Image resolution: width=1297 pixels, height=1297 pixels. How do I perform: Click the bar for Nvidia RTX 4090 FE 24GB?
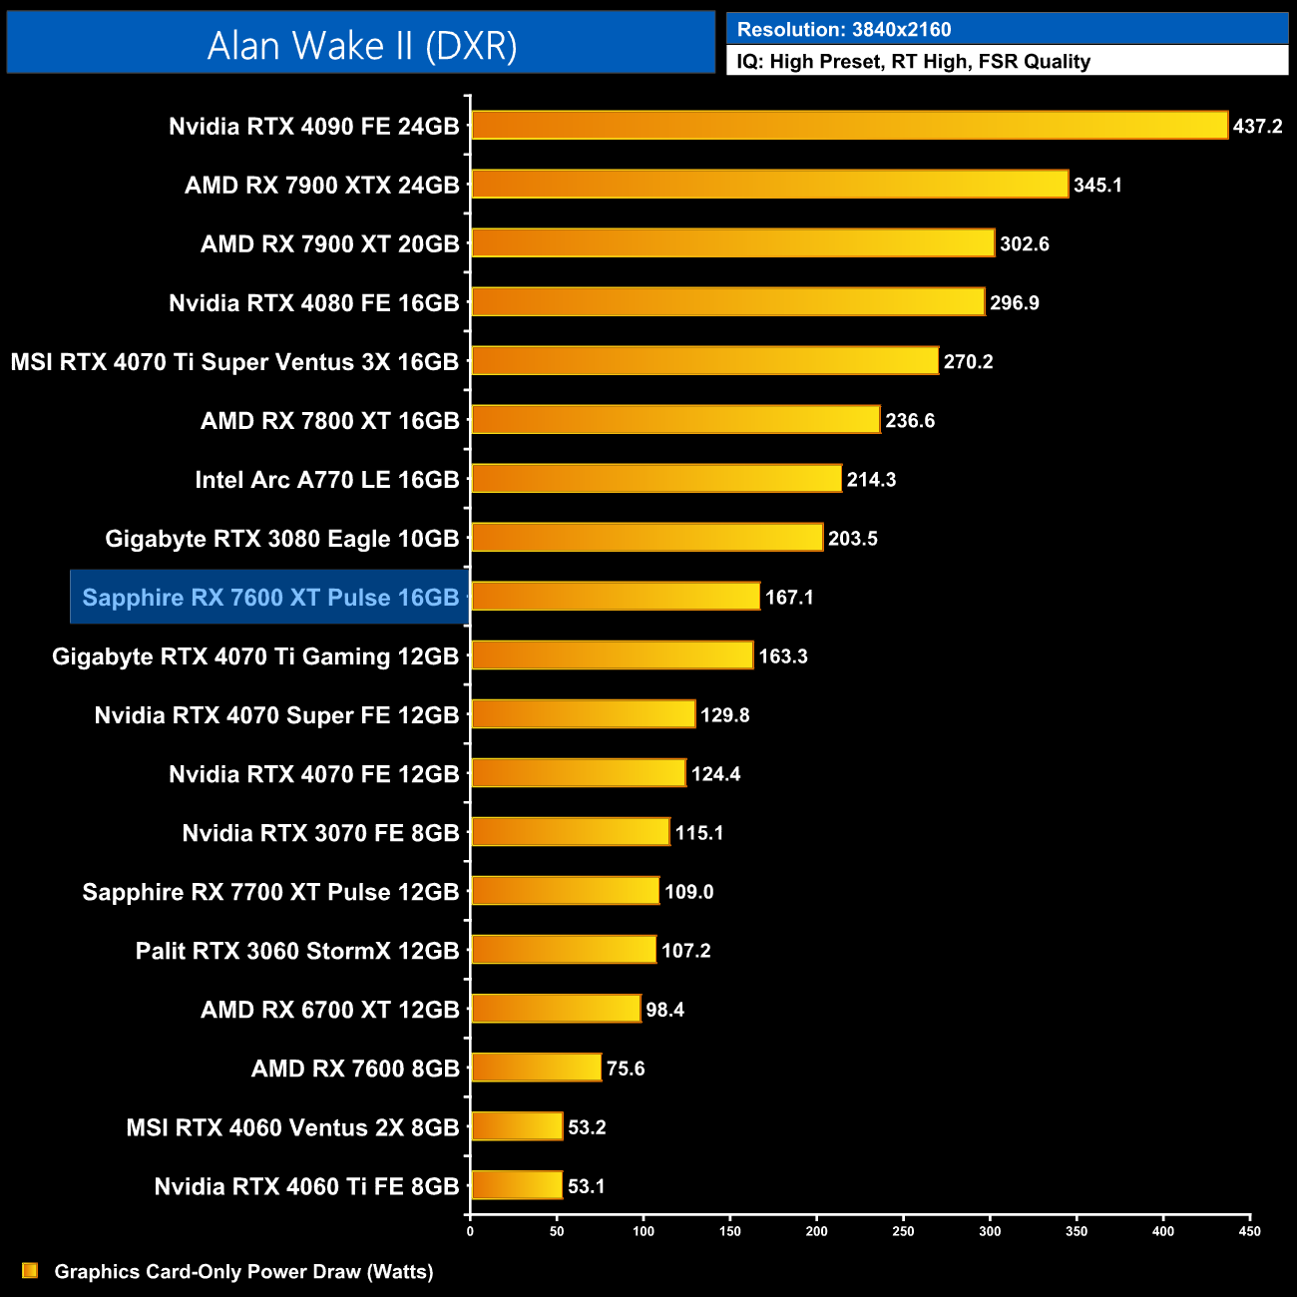[848, 126]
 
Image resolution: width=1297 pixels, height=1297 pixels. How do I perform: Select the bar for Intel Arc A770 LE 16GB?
[655, 479]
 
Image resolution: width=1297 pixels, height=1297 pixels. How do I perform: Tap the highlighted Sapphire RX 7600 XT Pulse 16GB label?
[270, 598]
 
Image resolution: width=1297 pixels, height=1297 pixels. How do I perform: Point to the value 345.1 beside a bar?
[1097, 186]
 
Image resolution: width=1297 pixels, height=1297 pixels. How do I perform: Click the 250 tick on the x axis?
[903, 1231]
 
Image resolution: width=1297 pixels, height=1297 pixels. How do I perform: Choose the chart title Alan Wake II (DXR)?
[361, 45]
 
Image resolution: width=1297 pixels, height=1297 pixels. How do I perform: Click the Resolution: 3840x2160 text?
[844, 30]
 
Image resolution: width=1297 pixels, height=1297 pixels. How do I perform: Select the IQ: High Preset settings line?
[913, 62]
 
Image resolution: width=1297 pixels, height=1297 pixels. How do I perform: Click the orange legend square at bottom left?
[30, 1270]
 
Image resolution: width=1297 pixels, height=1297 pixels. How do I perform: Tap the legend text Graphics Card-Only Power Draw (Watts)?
[243, 1272]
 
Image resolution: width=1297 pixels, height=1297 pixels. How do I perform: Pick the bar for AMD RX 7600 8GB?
[536, 1068]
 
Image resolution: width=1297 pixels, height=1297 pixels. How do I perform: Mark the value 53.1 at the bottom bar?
[587, 1186]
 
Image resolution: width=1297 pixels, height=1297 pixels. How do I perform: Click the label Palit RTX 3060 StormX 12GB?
[297, 951]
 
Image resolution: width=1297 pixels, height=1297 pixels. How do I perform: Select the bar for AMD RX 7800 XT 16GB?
[675, 420]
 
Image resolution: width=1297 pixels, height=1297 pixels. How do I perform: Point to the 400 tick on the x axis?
[1163, 1231]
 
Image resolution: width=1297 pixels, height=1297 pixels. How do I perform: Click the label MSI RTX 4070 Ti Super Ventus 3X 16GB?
[234, 362]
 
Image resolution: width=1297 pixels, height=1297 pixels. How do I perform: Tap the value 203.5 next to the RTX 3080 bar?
[853, 539]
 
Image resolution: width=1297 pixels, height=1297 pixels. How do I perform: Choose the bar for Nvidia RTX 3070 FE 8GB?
[570, 832]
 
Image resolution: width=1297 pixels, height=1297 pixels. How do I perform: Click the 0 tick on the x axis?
[470, 1231]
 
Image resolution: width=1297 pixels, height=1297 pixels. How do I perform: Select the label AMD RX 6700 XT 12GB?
[330, 1010]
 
